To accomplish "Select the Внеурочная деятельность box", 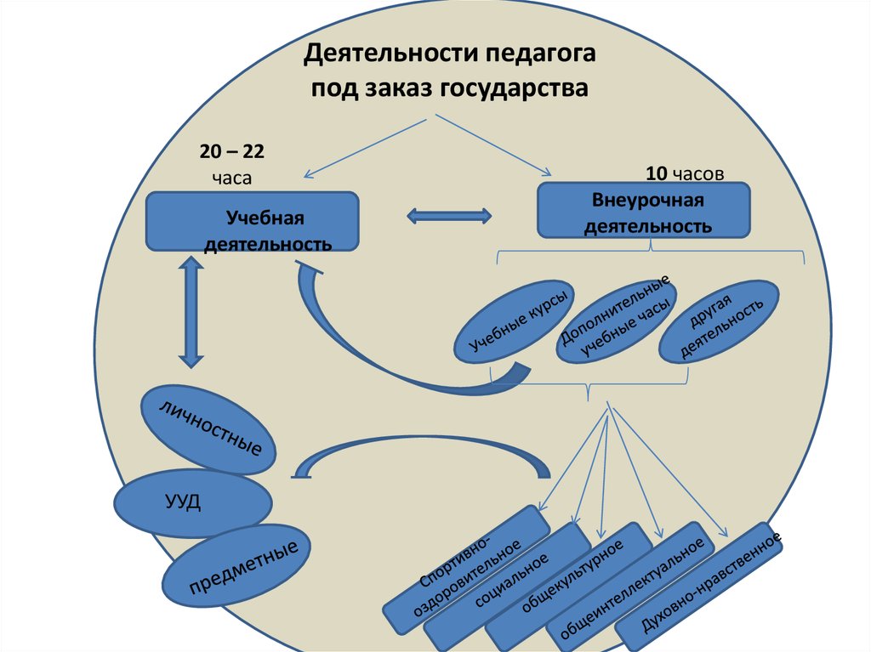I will pyautogui.click(x=644, y=210).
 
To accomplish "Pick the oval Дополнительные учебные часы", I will pyautogui.click(x=617, y=319).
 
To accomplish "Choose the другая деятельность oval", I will pyautogui.click(x=719, y=320).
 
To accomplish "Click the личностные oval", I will pyautogui.click(x=208, y=428).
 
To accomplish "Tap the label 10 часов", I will pyautogui.click(x=685, y=174).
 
